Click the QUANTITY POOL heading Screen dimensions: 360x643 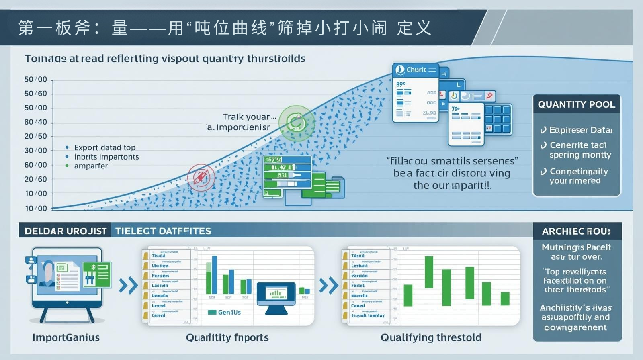[576, 104]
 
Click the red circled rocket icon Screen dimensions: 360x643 [201, 177]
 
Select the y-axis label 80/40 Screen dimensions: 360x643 [35, 122]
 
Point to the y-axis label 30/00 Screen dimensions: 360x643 [35, 150]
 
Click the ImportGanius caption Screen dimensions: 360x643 [66, 337]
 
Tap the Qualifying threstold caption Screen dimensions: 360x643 [431, 337]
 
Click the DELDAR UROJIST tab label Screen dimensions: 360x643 [66, 231]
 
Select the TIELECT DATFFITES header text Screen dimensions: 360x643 [163, 231]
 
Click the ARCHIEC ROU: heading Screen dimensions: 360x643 [576, 231]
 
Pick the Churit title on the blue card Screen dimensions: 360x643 [416, 70]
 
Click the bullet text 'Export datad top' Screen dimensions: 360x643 [104, 147]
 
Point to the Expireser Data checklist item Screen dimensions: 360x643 [580, 130]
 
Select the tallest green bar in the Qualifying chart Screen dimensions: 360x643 [429, 272]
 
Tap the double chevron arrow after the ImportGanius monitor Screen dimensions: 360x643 [128, 285]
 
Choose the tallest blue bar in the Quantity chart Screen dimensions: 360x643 [214, 275]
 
